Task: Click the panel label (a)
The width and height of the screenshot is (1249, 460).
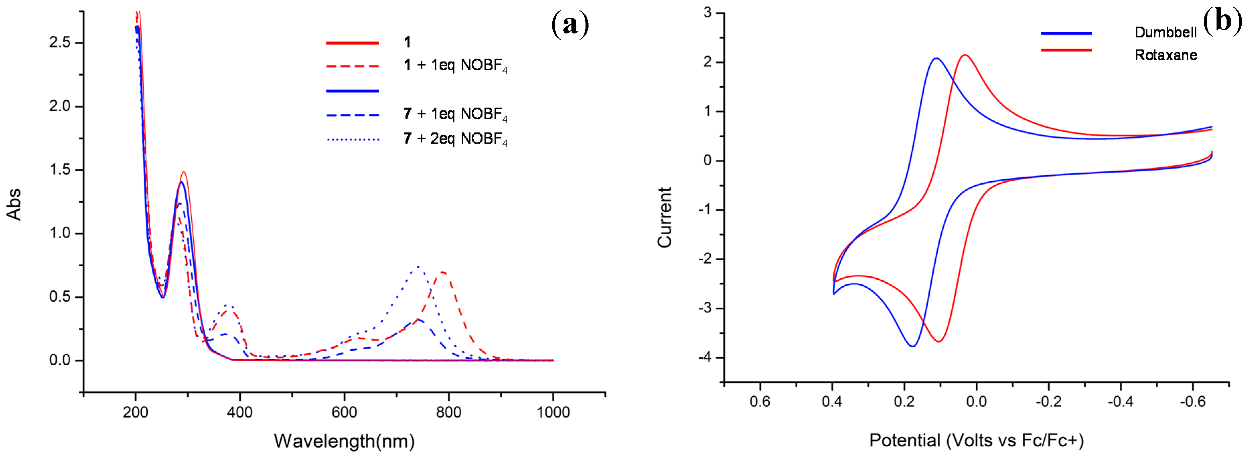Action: click(x=570, y=24)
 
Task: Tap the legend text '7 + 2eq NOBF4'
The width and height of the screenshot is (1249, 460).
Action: click(x=455, y=139)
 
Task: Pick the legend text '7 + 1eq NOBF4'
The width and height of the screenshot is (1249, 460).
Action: click(x=455, y=114)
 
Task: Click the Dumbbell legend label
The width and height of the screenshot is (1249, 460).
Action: click(x=1166, y=32)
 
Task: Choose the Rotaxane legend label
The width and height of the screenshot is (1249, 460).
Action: click(x=1166, y=55)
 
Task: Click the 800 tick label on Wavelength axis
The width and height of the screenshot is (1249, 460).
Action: click(x=449, y=412)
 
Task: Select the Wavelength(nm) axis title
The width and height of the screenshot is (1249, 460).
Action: click(x=344, y=441)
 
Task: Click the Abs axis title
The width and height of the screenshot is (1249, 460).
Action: click(x=14, y=204)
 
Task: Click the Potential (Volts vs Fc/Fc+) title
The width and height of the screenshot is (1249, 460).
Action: click(x=976, y=441)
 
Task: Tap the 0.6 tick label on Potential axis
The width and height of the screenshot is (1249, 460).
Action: click(x=760, y=402)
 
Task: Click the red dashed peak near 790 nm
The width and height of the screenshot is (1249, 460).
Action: click(x=442, y=272)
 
